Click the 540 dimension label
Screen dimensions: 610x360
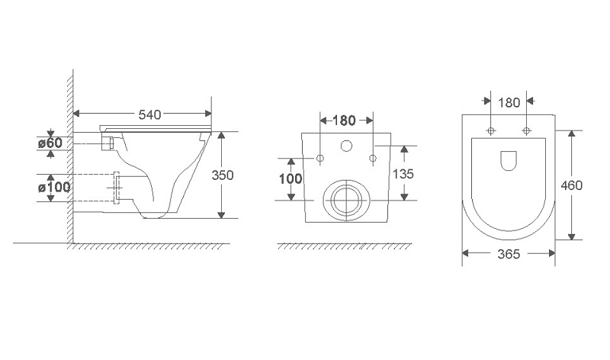(x=149, y=114)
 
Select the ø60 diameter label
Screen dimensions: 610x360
(x=50, y=143)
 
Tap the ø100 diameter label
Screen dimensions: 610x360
(x=54, y=187)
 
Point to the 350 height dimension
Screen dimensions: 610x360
(x=223, y=175)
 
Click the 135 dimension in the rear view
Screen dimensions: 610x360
(x=403, y=174)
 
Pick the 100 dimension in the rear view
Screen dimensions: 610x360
(x=291, y=178)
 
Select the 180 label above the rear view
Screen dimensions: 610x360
(x=345, y=121)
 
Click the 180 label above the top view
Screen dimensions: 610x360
(x=509, y=103)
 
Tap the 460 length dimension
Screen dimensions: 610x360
(x=571, y=185)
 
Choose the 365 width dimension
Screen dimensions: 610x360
(x=509, y=254)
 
